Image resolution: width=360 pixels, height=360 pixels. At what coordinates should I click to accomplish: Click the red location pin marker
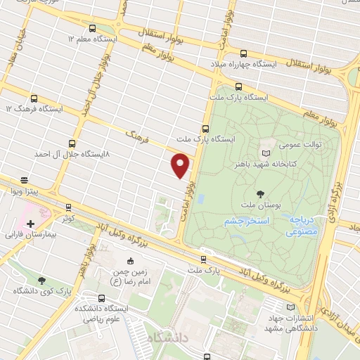click(x=181, y=165)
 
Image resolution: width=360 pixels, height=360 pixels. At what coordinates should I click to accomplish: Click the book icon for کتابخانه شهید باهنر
click(x=265, y=153)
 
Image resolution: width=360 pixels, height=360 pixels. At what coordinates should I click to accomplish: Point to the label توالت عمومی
click(x=302, y=144)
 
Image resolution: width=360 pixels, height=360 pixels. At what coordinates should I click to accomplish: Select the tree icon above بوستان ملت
click(x=262, y=193)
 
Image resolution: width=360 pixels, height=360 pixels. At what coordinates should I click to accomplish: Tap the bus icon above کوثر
click(x=68, y=207)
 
